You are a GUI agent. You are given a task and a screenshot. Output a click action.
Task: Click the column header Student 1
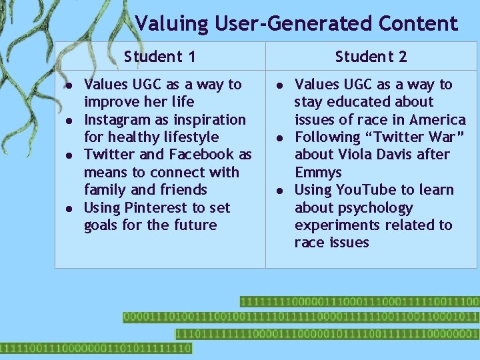click(x=160, y=57)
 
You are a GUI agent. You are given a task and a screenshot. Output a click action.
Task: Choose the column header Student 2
click(x=371, y=57)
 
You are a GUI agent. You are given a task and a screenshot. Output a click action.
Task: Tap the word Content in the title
click(x=417, y=24)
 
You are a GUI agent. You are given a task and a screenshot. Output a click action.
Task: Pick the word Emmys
click(x=318, y=173)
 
